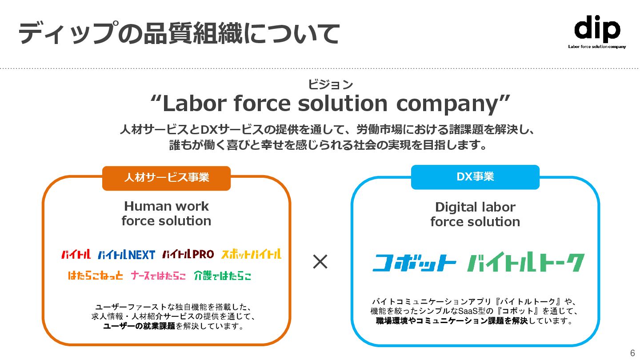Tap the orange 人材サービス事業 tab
(x=166, y=178)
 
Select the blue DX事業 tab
(x=475, y=177)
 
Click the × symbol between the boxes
(x=320, y=262)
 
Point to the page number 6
(x=632, y=353)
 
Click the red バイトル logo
(x=76, y=255)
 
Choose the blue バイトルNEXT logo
(x=126, y=255)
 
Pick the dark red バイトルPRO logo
(x=188, y=254)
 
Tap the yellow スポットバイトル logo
(x=251, y=254)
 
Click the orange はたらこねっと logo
(x=96, y=276)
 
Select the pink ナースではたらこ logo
(x=158, y=276)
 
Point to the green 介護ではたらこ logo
(x=222, y=276)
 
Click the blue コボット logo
(x=414, y=263)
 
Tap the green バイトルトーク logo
(x=526, y=262)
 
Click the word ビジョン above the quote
(x=330, y=84)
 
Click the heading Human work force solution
(x=166, y=213)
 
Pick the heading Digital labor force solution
(x=475, y=214)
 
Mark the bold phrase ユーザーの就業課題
(x=139, y=327)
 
